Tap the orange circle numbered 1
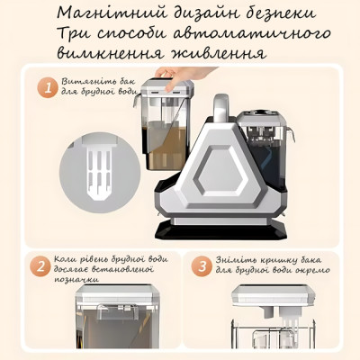click(x=44, y=88)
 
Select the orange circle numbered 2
click(x=38, y=266)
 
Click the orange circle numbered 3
click(x=203, y=266)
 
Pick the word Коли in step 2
click(x=67, y=258)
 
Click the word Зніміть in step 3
click(x=237, y=258)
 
